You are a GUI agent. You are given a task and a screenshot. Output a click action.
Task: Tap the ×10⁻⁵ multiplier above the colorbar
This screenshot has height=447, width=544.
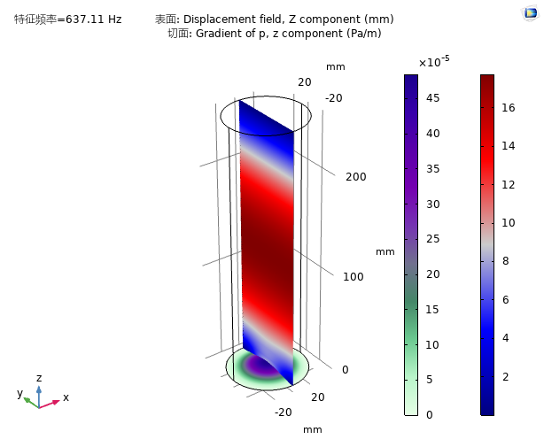click(434, 61)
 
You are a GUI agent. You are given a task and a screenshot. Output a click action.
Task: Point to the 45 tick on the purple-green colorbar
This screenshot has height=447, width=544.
click(435, 98)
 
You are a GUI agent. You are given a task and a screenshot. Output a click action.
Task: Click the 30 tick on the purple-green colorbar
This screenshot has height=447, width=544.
click(435, 204)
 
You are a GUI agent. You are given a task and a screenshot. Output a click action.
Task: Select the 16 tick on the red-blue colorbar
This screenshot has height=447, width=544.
click(508, 107)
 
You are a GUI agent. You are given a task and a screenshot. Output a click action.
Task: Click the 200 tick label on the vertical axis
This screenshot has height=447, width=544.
click(355, 176)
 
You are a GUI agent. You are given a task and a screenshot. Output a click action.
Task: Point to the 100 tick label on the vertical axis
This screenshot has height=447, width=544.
click(354, 276)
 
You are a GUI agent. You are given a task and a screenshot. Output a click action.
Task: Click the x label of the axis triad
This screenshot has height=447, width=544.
click(66, 397)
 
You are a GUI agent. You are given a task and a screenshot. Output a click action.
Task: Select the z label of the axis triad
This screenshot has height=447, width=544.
click(39, 378)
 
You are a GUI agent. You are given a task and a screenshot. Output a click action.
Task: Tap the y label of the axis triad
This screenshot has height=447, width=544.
click(19, 394)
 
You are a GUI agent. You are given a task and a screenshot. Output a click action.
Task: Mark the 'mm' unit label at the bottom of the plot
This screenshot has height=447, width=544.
click(313, 429)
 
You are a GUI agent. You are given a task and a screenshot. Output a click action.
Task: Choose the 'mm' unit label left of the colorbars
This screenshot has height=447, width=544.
click(385, 251)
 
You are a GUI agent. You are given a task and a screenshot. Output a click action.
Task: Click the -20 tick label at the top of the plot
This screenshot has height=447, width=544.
click(333, 97)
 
